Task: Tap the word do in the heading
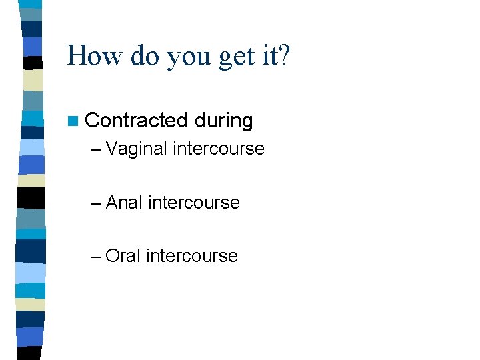pyautogui.click(x=145, y=56)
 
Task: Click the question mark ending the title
pyautogui.click(x=285, y=56)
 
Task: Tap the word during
pyautogui.click(x=224, y=121)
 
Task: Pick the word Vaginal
pyautogui.click(x=136, y=149)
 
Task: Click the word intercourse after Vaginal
pyautogui.click(x=218, y=149)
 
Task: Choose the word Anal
pyautogui.click(x=125, y=202)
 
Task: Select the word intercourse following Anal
pyautogui.click(x=194, y=202)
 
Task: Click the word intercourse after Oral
pyautogui.click(x=192, y=255)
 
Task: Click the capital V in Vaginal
pyautogui.click(x=111, y=149)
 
